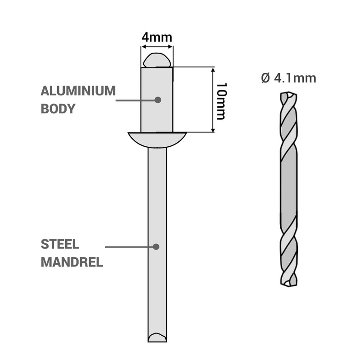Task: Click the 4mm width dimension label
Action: [157, 37]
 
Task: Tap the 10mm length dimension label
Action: [221, 101]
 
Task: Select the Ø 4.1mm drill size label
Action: [288, 78]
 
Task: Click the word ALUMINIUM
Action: [78, 91]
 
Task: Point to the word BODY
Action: [58, 109]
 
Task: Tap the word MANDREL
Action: [72, 262]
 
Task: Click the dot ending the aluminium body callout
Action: [157, 100]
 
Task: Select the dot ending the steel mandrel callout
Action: [156, 247]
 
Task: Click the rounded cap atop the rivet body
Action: [157, 60]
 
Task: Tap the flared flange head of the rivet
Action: [157, 139]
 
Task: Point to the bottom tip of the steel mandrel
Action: [157, 337]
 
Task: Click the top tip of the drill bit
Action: [288, 95]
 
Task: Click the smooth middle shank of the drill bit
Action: [288, 189]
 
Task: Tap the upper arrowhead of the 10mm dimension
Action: [213, 70]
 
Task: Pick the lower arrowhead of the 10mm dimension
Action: [213, 130]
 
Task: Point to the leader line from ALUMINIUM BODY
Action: [135, 100]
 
